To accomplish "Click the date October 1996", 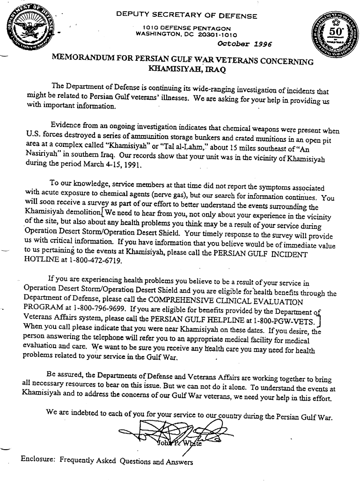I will pos(244,44).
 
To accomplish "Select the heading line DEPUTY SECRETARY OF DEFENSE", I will pos(187,16).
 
